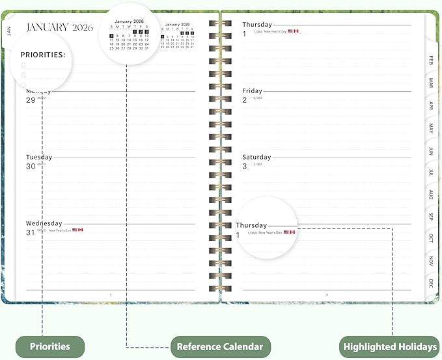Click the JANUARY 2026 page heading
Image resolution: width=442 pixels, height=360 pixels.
point(59,27)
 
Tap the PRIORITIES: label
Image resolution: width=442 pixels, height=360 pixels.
point(43,55)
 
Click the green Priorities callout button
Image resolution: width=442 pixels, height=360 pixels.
point(50,347)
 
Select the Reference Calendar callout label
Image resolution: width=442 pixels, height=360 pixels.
point(220,347)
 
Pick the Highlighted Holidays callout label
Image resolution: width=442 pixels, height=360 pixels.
point(389,347)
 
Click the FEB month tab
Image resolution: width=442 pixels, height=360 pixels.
point(430,60)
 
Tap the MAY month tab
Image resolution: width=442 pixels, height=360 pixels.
point(430,128)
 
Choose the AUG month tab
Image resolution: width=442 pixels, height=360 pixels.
point(430,194)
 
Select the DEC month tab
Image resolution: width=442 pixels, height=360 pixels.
point(430,283)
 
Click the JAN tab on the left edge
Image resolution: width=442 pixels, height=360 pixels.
point(9,30)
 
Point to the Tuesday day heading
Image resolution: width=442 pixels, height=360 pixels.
point(39,157)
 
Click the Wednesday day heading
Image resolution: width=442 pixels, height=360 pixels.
point(44,223)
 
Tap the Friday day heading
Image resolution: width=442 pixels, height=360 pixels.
point(252,91)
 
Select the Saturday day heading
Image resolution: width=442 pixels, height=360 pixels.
point(256,157)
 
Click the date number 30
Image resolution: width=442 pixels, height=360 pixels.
point(30,166)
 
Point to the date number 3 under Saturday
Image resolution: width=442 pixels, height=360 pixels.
point(245,166)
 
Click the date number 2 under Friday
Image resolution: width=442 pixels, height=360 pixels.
point(245,100)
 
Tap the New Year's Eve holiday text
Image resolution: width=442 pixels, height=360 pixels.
point(59,230)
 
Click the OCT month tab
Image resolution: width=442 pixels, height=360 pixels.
point(430,238)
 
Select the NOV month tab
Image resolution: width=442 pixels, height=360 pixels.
point(430,261)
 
